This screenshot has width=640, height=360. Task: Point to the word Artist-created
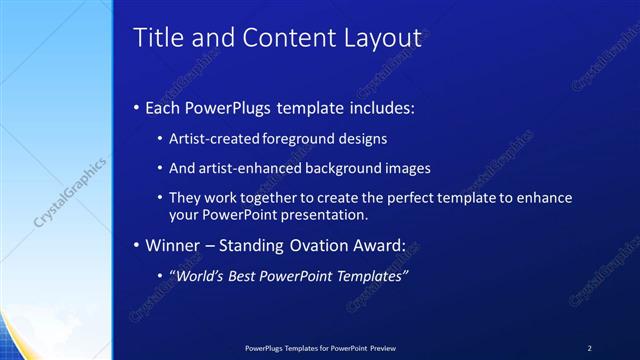click(211, 139)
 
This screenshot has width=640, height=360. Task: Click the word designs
click(363, 139)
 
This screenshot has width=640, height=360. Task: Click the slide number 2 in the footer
click(589, 347)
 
